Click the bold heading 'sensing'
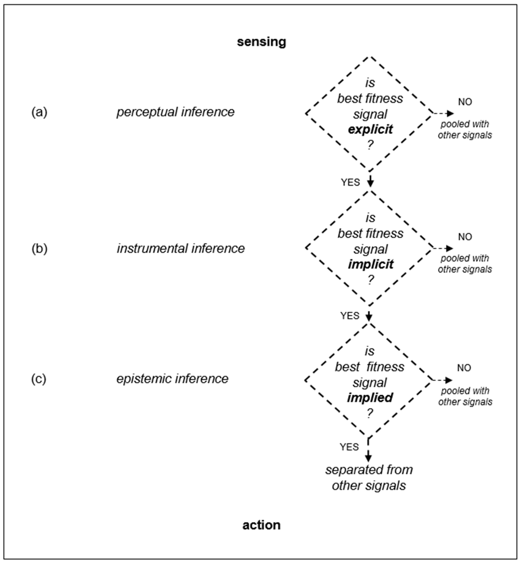pos(261,42)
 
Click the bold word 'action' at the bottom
pos(261,525)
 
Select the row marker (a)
pos(39,112)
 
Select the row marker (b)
pos(39,249)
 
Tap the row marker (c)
pos(39,379)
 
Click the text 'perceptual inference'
pos(175,112)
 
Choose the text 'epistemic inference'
pos(172,379)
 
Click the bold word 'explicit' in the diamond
pos(370,129)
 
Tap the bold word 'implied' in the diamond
pos(370,398)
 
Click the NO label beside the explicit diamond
pos(465,102)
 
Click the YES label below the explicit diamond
pos(350,182)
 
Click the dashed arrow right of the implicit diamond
pos(443,248)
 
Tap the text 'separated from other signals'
pos(369,478)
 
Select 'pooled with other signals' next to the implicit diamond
pos(465,264)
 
